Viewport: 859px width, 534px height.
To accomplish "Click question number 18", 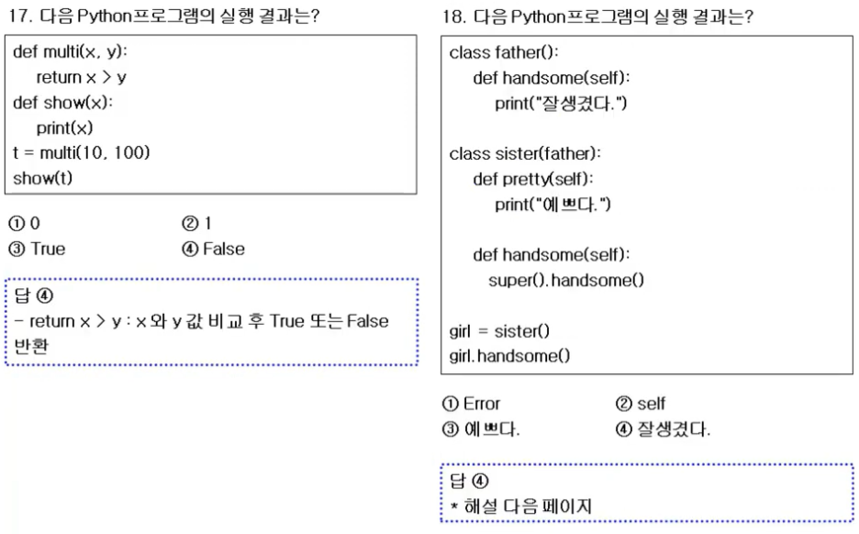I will [451, 17].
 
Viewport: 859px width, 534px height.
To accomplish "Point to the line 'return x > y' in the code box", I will [82, 77].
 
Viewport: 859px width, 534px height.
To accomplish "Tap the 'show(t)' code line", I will [43, 177].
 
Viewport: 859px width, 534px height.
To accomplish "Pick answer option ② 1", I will [199, 223].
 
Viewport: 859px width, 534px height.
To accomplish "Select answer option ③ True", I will [38, 249].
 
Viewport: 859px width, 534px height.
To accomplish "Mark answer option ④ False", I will [213, 249].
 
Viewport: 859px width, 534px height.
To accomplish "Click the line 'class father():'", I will [503, 53].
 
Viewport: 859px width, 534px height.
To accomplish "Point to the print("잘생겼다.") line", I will [561, 104].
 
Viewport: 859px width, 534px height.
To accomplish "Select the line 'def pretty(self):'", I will [533, 179].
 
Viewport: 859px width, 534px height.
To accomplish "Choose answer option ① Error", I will [472, 403].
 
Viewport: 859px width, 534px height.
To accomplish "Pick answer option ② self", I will [640, 403].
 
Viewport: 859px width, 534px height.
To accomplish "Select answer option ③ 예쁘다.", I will [481, 428].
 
